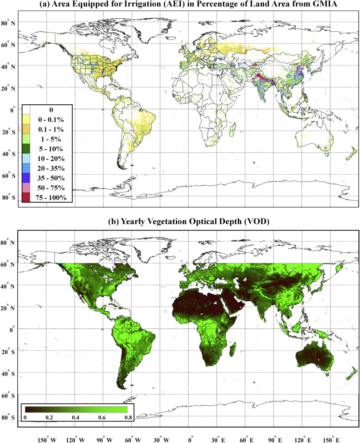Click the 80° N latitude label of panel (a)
pos(9,22)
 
